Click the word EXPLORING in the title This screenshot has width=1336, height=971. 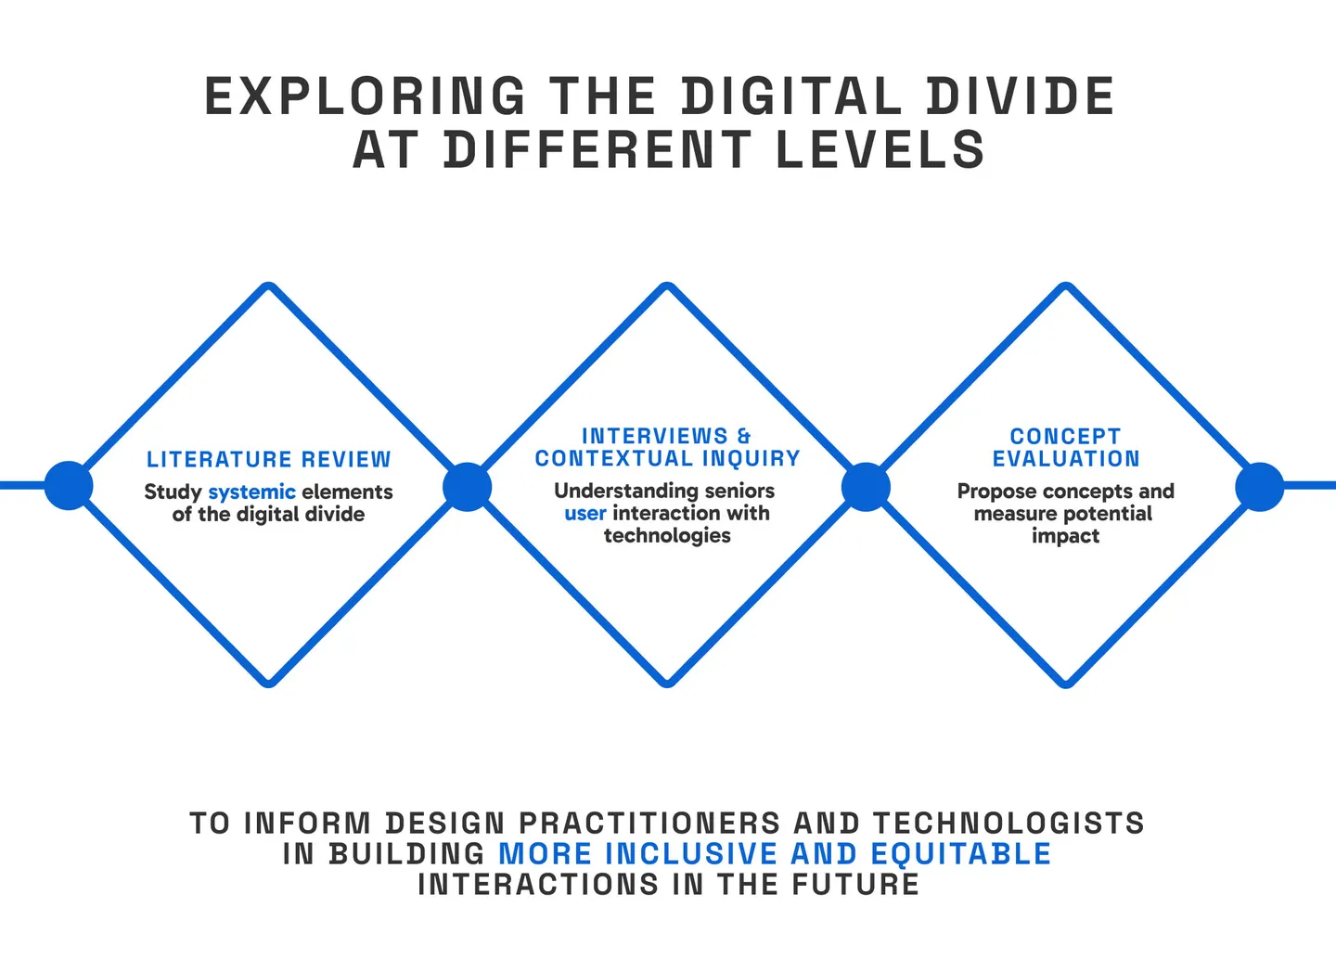(365, 96)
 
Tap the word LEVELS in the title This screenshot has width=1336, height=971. (880, 150)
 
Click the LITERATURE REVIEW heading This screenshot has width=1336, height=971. (269, 459)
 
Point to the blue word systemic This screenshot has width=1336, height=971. (251, 492)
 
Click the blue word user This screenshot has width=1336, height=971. (584, 513)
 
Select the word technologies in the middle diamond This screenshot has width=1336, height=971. (667, 535)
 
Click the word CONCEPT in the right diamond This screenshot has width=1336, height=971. (1065, 436)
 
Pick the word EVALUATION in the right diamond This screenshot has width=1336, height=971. (1066, 458)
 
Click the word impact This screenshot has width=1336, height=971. (1065, 536)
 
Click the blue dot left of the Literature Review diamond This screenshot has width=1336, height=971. (69, 486)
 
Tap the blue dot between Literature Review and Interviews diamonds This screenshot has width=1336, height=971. (467, 486)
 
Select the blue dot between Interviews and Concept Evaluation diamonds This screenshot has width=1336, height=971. (866, 486)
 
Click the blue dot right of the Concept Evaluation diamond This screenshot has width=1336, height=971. (1259, 486)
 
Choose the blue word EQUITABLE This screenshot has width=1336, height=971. (960, 853)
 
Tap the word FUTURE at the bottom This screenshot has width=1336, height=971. (855, 884)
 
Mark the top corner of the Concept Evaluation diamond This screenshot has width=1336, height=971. (1066, 287)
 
